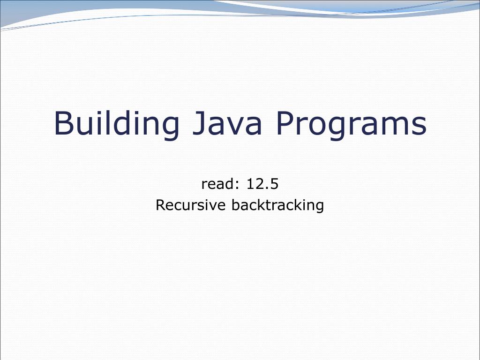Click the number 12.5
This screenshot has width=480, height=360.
click(262, 184)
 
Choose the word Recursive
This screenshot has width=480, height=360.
click(191, 205)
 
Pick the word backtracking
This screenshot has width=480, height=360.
click(278, 206)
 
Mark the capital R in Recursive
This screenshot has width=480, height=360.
click(160, 205)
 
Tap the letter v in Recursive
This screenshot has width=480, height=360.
click(215, 207)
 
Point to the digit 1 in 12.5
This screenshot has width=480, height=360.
click(251, 184)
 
